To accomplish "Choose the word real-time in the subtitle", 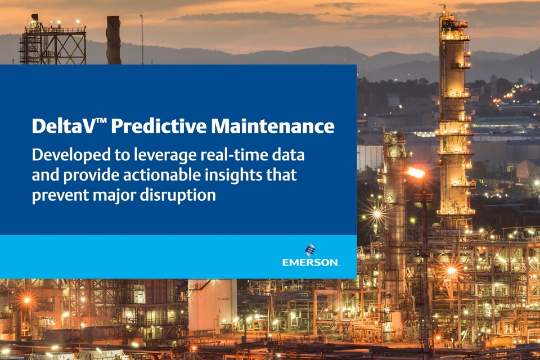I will click(231, 155).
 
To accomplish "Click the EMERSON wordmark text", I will click(310, 262).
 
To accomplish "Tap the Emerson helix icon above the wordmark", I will click(310, 249).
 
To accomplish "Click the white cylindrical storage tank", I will click(212, 307).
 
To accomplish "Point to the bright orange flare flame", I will click(417, 173).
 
